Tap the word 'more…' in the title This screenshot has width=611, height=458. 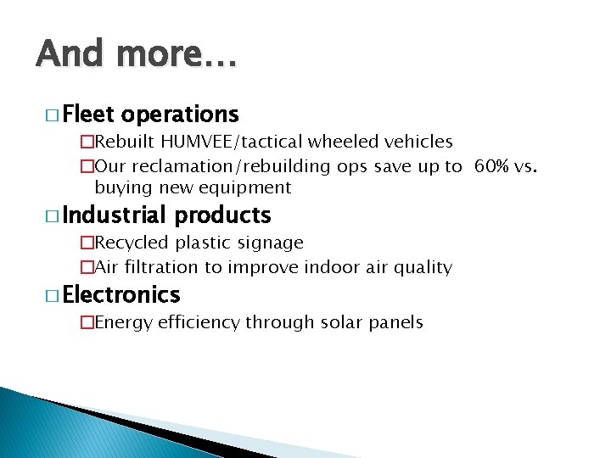(x=177, y=53)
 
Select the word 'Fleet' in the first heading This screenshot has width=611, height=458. (x=89, y=114)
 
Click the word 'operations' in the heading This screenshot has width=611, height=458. (x=180, y=114)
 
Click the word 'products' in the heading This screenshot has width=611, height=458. (x=223, y=215)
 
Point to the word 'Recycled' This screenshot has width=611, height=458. (x=133, y=243)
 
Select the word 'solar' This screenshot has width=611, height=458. (x=344, y=321)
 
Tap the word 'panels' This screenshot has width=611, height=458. (x=397, y=321)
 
